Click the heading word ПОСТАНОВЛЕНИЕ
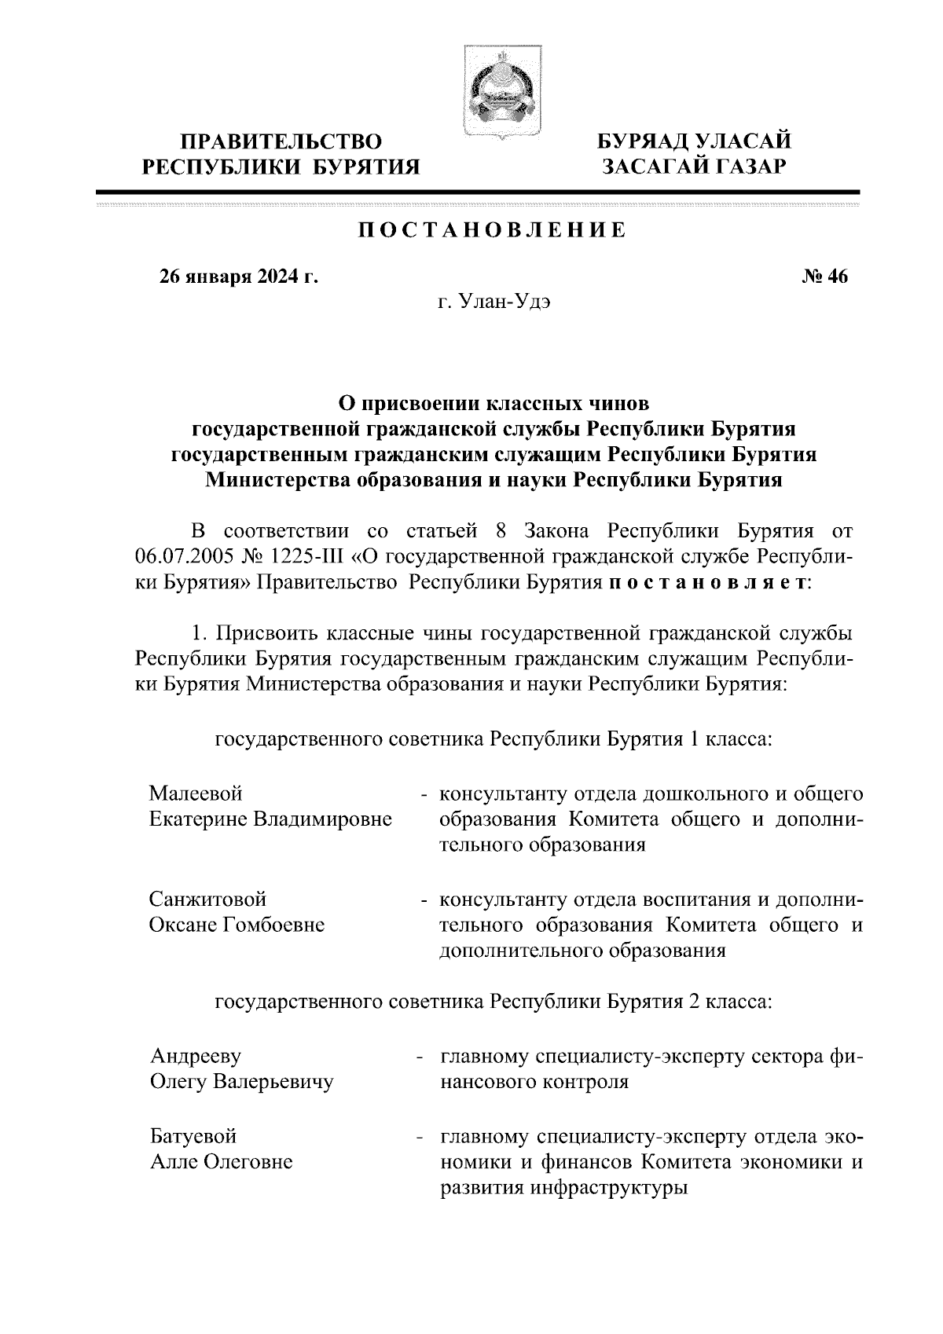click(x=493, y=230)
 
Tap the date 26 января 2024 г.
click(x=239, y=277)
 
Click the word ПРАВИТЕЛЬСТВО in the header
click(x=282, y=142)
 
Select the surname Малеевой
click(x=196, y=793)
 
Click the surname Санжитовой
click(x=208, y=899)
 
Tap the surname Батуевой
click(x=193, y=1136)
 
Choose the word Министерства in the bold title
click(x=277, y=480)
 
